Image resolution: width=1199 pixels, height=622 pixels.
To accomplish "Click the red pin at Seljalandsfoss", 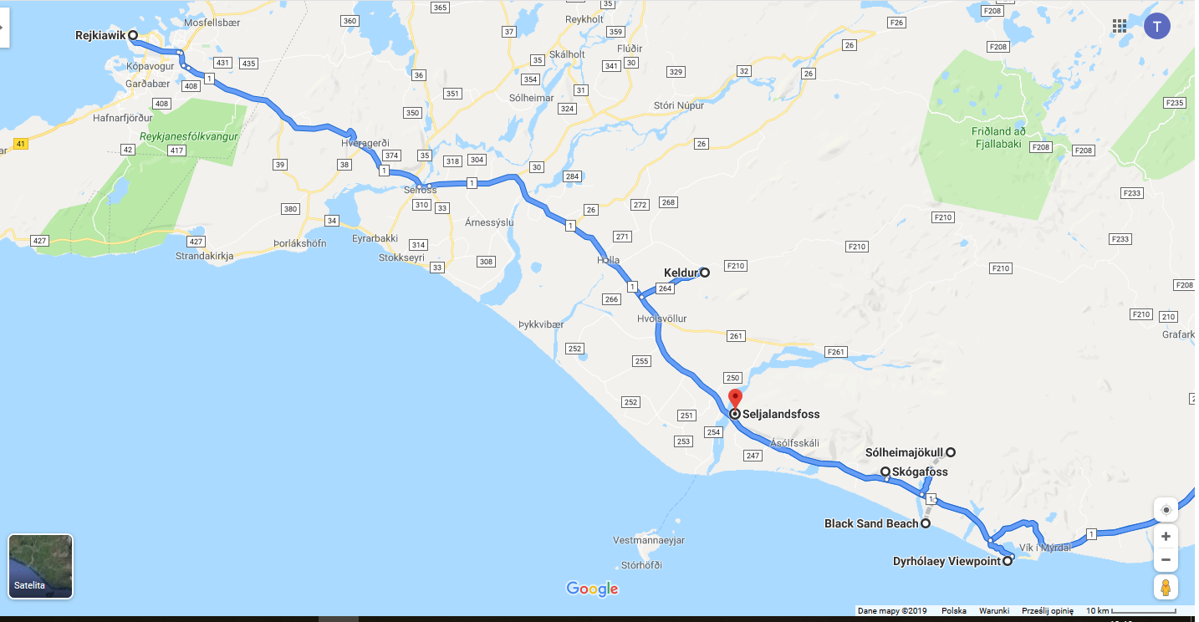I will tap(735, 399).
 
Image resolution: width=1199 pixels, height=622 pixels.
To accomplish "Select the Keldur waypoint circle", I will tap(705, 272).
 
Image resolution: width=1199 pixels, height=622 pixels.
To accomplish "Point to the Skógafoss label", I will tap(920, 472).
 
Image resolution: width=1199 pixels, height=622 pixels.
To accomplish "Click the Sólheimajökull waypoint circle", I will tap(951, 452).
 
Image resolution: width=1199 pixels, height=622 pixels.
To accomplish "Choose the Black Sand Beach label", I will tap(871, 523).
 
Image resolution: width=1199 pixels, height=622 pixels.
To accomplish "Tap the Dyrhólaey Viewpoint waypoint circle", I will tap(1008, 561).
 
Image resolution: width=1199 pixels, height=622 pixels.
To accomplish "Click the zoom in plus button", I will tap(1166, 536).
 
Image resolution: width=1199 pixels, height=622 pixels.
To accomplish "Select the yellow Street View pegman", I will tap(1166, 587).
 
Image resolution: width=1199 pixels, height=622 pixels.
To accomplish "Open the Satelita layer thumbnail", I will tap(40, 566).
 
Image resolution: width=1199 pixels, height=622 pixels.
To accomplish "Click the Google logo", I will tap(592, 589).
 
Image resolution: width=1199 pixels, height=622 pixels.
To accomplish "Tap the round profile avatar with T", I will tap(1157, 26).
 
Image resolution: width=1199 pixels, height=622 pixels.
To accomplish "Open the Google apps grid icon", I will tap(1120, 26).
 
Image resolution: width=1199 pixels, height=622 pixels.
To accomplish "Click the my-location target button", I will tap(1166, 509).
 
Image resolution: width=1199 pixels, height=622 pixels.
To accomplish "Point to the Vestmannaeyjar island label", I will tap(649, 540).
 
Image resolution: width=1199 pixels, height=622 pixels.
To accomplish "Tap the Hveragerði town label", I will tap(365, 143).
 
